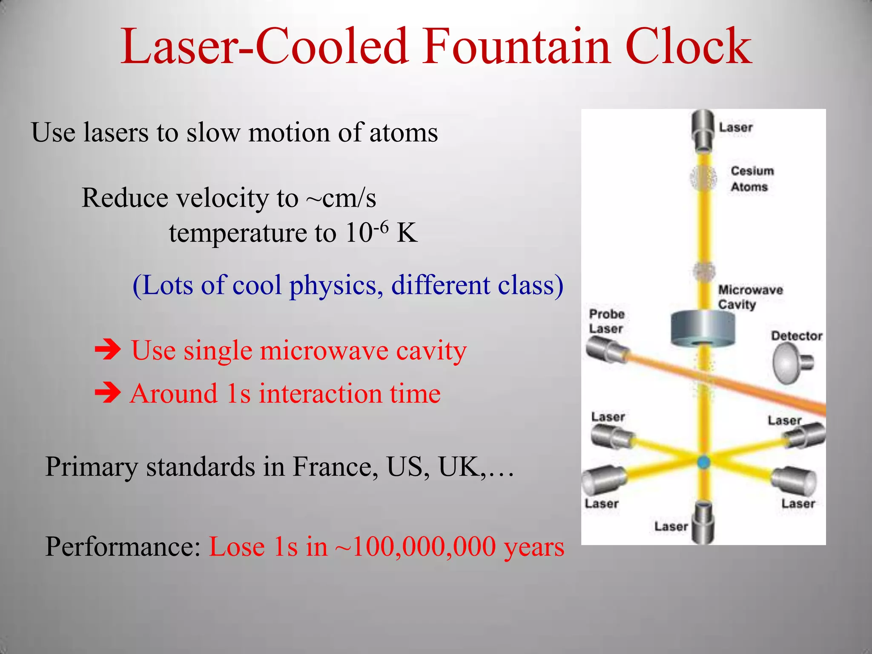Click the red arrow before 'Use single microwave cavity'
108,351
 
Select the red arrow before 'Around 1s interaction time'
108,393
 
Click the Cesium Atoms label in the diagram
752,179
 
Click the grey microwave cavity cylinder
703,328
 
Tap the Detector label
796,336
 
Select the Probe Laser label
606,321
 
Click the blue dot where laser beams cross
703,462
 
